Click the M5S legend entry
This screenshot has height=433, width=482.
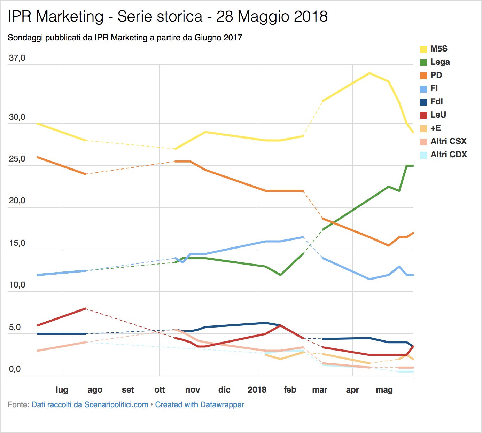tap(439, 49)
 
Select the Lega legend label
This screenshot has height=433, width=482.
tap(440, 62)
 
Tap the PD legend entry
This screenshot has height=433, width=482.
tap(436, 75)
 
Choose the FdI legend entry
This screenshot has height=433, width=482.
tap(436, 102)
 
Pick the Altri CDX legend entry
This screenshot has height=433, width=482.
tap(448, 155)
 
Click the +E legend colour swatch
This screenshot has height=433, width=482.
tap(423, 128)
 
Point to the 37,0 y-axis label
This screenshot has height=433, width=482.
tap(17, 58)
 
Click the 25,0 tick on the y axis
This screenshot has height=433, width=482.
tap(17, 159)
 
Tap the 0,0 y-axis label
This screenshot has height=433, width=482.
tap(15, 369)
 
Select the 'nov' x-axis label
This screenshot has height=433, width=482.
tap(193, 390)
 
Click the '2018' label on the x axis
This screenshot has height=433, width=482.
tap(257, 390)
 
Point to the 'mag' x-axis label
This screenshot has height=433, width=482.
tap(384, 390)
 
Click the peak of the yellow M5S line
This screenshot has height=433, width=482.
tap(370, 73)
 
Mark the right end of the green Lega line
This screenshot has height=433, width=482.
tap(413, 166)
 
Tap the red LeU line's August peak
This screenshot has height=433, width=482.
tap(86, 308)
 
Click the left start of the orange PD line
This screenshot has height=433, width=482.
tap(37, 157)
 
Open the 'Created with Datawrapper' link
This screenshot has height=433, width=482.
tap(200, 405)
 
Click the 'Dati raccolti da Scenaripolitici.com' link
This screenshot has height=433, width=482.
tap(90, 405)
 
